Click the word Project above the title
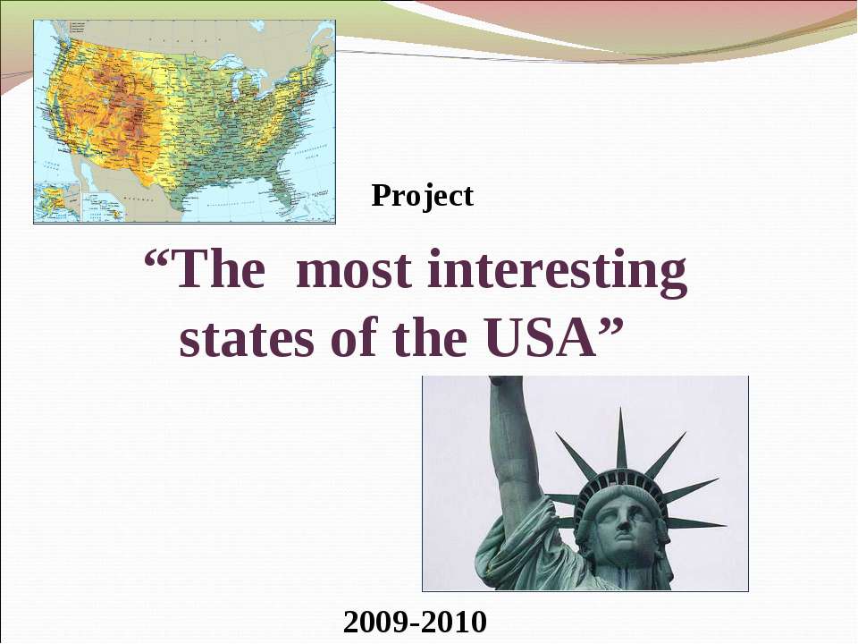pyautogui.click(x=422, y=195)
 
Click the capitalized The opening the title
pyautogui.click(x=220, y=272)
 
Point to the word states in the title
pyautogui.click(x=235, y=340)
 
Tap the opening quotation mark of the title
pyautogui.click(x=158, y=267)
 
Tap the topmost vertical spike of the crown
pyautogui.click(x=621, y=438)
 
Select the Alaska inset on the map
pyautogui.click(x=55, y=202)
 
